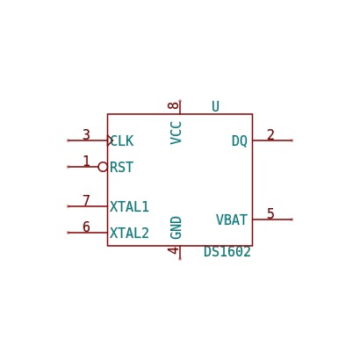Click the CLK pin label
point(122,141)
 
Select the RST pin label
point(122,168)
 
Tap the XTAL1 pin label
point(129,207)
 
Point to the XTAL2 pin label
point(129,234)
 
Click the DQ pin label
point(240,141)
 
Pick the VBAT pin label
point(232,220)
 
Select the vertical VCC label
point(176,133)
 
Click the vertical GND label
point(176,227)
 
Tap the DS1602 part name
point(227,252)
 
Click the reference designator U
point(215,106)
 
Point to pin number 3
point(86,135)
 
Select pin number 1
point(86,162)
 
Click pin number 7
point(86,201)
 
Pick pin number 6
point(86,227)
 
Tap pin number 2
point(270,135)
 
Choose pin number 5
point(270,213)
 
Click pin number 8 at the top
point(173,105)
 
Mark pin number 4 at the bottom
point(173,250)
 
